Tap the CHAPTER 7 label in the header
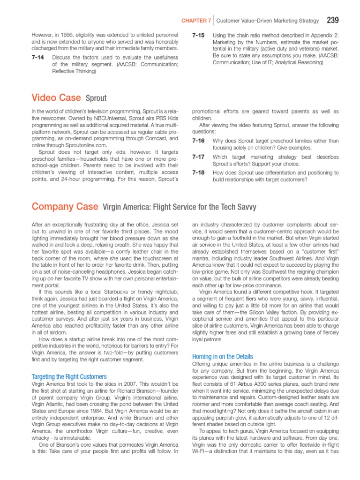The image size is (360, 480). pyautogui.click(x=196, y=21)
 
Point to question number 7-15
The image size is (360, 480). pyautogui.click(x=198, y=35)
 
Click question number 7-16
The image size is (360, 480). pyautogui.click(x=198, y=141)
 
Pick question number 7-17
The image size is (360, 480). pyautogui.click(x=198, y=157)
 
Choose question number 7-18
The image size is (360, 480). pyautogui.click(x=198, y=173)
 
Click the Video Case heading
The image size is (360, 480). pyautogui.click(x=56, y=97)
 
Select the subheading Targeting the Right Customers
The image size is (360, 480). pyautogui.click(x=69, y=376)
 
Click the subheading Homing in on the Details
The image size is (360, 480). pyautogui.click(x=223, y=356)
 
